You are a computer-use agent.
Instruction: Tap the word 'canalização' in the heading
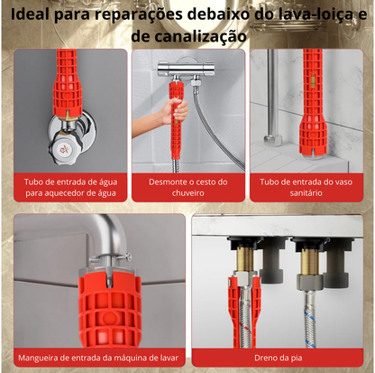point(193,36)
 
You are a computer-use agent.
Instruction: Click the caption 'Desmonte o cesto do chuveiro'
point(187,186)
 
